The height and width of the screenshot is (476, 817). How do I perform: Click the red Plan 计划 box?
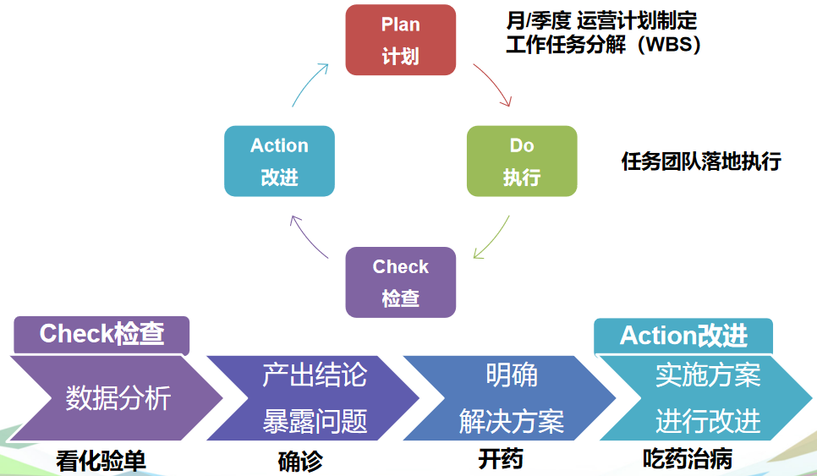(400, 40)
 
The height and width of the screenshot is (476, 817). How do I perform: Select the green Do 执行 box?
(522, 161)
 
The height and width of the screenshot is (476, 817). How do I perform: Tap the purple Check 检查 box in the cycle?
(400, 282)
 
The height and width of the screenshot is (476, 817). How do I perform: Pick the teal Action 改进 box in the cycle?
(279, 161)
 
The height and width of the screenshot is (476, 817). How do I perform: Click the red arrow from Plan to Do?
(494, 85)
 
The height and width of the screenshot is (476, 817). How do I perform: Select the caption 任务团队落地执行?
(700, 161)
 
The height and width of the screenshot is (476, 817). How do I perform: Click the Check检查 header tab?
(101, 334)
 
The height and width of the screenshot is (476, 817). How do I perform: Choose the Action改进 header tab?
(683, 335)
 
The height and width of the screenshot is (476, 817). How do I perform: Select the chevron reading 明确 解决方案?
(511, 397)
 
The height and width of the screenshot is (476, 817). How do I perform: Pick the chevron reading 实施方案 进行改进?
(707, 397)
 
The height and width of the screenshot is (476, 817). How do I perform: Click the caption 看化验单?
(101, 461)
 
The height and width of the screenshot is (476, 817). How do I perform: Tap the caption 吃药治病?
(687, 460)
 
